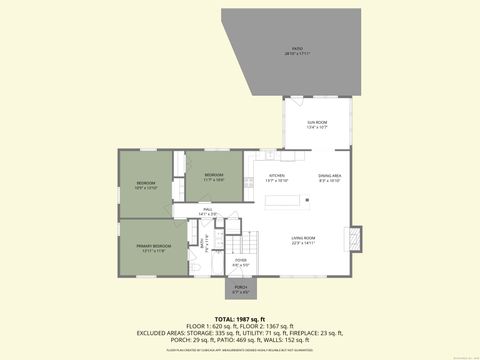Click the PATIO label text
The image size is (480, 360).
296,50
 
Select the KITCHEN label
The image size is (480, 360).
277,177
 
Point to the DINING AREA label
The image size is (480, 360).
330,177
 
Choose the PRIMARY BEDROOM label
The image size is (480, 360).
155,247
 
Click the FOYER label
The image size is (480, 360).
241,263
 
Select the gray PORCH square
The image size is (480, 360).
241,289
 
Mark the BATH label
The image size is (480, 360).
204,241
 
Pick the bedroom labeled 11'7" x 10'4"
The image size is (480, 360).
214,177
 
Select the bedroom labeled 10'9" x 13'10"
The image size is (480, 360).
145,185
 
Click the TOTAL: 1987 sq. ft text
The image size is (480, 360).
240,318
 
